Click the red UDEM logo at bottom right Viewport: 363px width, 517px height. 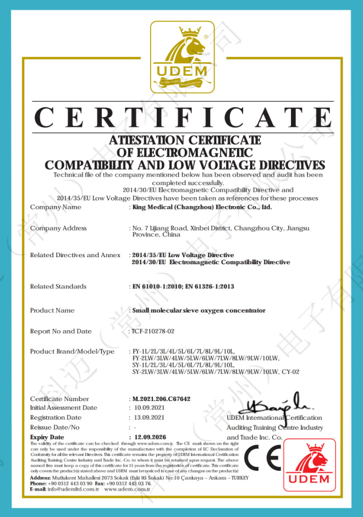pyautogui.click(x=309, y=465)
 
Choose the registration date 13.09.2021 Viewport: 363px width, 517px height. pyautogui.click(x=149, y=418)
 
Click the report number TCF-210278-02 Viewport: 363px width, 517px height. pyautogui.click(x=153, y=331)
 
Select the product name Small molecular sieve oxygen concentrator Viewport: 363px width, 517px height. pyautogui.click(x=199, y=310)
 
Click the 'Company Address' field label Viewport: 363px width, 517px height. pyautogui.click(x=58, y=228)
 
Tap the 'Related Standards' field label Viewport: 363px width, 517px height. pyautogui.click(x=58, y=286)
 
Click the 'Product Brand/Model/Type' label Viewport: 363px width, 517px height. pyautogui.click(x=72, y=352)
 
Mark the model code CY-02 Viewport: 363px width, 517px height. pyautogui.click(x=290, y=372)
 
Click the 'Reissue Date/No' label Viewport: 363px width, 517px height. pyautogui.click(x=55, y=427)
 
